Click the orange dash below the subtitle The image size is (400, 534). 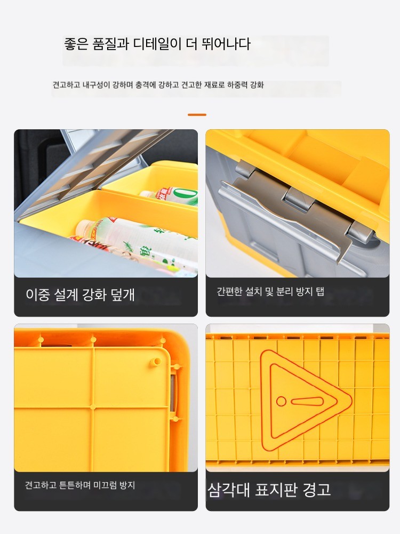coord(197,115)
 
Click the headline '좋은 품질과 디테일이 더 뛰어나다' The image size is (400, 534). coord(157,44)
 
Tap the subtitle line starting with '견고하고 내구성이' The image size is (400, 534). coord(158,85)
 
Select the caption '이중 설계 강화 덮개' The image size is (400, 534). coord(81,295)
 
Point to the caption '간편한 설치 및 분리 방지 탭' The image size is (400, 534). coord(270,292)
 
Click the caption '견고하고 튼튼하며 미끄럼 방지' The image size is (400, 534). coord(80,485)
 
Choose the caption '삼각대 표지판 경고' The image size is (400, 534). coord(269,490)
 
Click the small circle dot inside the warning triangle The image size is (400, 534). coord(281,401)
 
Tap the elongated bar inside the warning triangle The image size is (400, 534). coord(307,401)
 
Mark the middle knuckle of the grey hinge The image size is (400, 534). coord(299,199)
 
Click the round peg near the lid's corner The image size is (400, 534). coord(157,362)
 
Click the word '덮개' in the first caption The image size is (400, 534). coord(123,295)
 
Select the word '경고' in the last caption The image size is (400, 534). coord(317,490)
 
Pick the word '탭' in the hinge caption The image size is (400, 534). coord(319,292)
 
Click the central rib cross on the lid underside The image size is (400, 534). coord(93,406)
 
